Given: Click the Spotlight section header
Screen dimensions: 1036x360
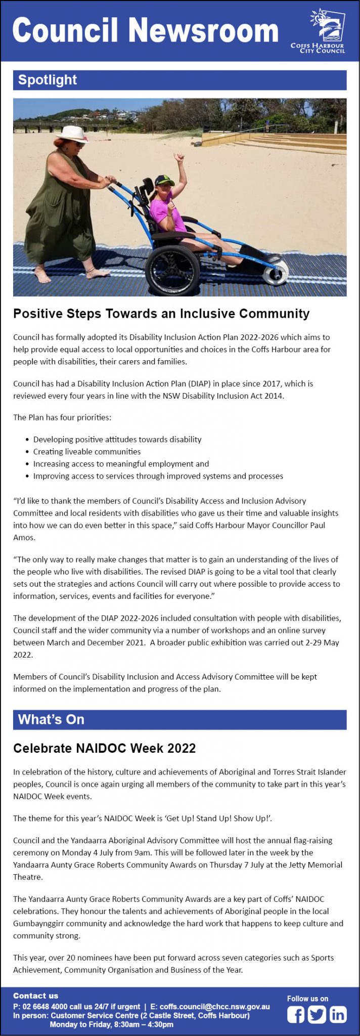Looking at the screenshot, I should tap(48, 80).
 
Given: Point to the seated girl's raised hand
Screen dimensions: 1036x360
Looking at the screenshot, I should tap(178, 158).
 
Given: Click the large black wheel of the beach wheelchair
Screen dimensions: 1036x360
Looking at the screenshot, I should tap(173, 269).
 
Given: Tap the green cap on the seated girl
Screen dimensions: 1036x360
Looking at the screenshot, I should tap(164, 180).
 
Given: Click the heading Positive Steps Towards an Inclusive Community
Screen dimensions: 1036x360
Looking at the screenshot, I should tap(161, 314).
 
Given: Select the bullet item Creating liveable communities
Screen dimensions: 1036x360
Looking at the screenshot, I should tap(87, 452).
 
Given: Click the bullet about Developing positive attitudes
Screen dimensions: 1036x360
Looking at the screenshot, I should tap(117, 440).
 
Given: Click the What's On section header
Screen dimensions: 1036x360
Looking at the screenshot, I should tap(51, 719).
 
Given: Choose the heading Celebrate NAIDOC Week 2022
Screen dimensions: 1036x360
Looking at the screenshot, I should tap(104, 748).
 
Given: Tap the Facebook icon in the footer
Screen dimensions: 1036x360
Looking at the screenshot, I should tap(296, 1015).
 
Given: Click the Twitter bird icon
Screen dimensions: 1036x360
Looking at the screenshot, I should tap(317, 1015).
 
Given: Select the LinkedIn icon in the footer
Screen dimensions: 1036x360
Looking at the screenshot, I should tap(338, 1015).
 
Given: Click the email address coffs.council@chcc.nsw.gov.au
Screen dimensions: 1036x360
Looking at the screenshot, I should tap(214, 1007).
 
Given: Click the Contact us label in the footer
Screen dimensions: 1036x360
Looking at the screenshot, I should tap(35, 996).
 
